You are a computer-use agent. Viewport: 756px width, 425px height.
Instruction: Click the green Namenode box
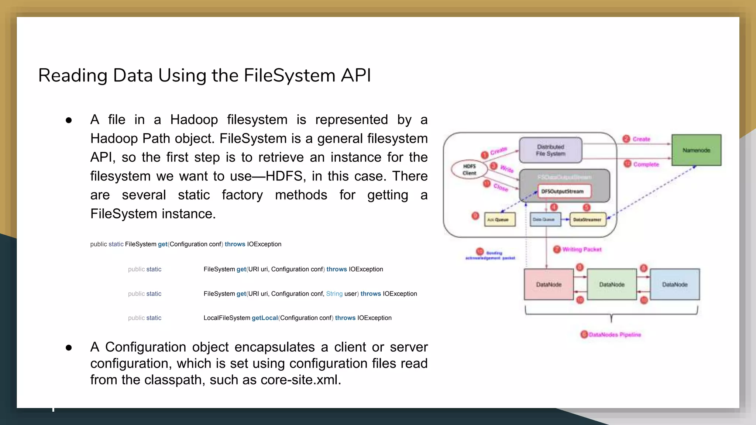tap(696, 150)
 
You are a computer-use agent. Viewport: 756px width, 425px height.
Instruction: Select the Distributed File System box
tap(550, 150)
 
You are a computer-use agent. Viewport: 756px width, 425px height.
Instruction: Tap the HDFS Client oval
tap(469, 170)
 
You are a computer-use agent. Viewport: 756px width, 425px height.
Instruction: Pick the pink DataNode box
tap(549, 284)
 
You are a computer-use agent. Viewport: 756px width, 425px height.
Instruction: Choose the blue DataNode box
tap(675, 284)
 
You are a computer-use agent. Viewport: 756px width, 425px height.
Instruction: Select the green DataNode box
tap(612, 284)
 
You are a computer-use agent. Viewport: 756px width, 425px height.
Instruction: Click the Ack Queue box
tap(499, 220)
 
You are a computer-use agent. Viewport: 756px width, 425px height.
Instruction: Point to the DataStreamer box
tap(588, 220)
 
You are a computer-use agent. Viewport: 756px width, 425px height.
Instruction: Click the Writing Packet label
tap(582, 249)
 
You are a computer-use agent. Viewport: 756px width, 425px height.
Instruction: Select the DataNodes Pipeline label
tap(615, 335)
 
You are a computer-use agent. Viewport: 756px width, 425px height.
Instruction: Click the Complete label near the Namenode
tap(646, 164)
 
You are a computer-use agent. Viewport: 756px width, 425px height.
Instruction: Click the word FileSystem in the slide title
tap(289, 76)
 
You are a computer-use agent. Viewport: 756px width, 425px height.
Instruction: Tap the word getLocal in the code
tap(264, 318)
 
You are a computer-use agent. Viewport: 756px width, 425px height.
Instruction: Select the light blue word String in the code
tap(334, 294)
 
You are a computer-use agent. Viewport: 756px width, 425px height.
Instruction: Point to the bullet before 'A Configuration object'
tap(69, 348)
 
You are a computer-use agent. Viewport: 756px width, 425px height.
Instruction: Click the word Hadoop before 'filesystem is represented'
tap(194, 120)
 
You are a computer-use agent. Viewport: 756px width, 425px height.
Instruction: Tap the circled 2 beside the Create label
tap(626, 139)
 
